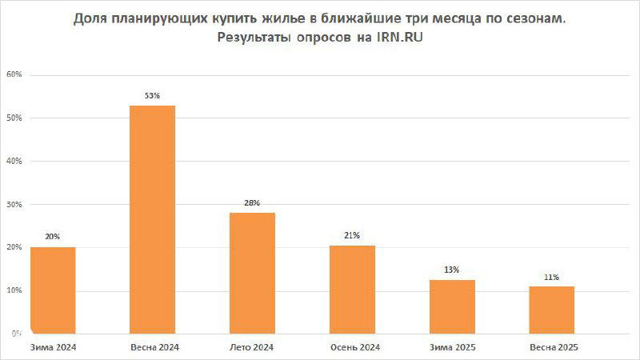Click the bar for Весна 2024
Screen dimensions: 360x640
pos(152,219)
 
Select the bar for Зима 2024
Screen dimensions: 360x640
pos(53,290)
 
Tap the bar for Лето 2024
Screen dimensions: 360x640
pos(252,273)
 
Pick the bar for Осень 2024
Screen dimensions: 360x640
pos(352,289)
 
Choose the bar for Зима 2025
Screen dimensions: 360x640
pos(452,306)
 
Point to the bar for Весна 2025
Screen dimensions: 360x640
pos(551,310)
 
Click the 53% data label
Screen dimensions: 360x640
pos(152,96)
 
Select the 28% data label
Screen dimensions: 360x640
pos(252,203)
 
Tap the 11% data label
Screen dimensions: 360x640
pos(551,277)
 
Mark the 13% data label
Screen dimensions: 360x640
pos(452,270)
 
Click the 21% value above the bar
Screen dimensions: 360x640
pos(352,235)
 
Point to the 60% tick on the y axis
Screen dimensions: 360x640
pos(14,74)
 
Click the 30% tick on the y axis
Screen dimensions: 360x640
pos(14,204)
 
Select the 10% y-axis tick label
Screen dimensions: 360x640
pos(14,290)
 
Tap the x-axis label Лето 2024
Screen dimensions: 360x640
pos(252,347)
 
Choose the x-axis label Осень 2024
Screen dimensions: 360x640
pos(354,347)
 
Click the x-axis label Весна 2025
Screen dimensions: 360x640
pos(554,347)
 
